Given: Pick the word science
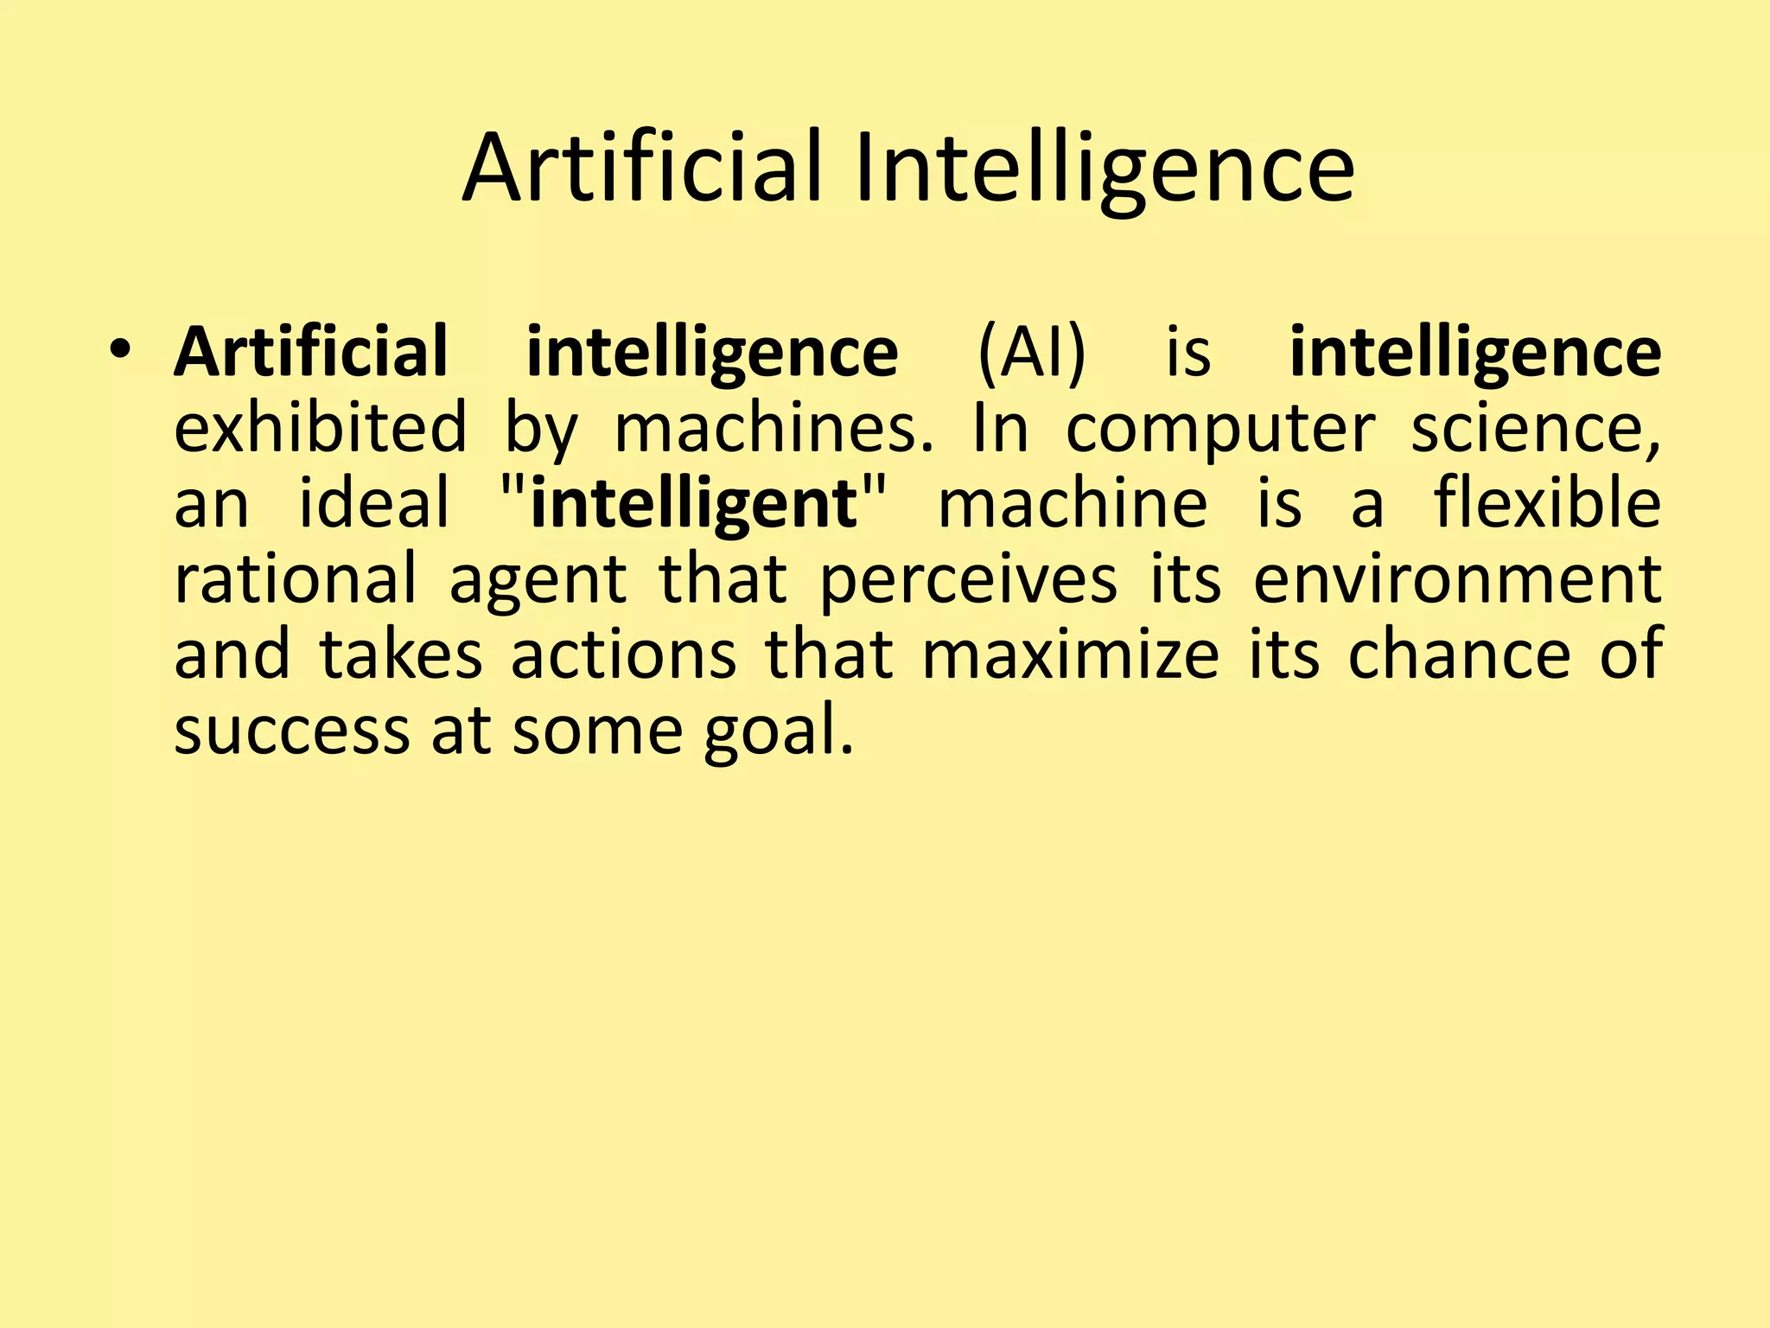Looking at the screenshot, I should tap(1535, 428).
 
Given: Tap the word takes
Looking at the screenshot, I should tap(401, 654).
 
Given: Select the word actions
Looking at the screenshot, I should tap(623, 654).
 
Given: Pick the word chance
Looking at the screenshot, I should tap(1460, 654).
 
